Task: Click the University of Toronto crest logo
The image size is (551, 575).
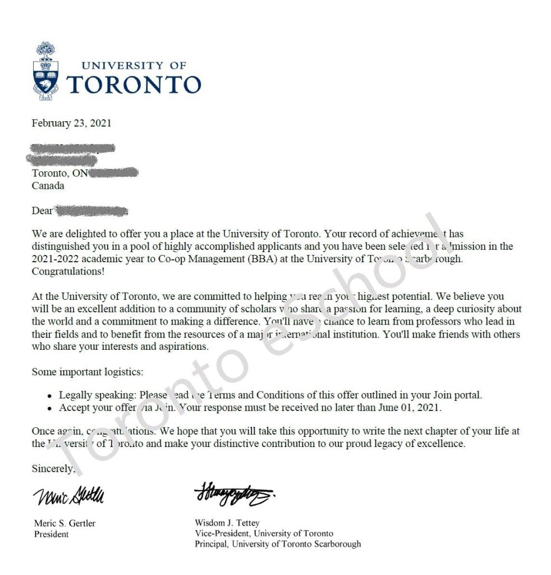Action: click(47, 70)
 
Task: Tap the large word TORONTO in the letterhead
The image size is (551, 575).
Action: click(134, 84)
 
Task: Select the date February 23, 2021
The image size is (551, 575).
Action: click(71, 124)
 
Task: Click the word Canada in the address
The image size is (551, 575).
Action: click(48, 185)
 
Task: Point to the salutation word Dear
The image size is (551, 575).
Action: click(42, 212)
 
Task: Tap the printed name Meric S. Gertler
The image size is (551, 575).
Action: click(65, 523)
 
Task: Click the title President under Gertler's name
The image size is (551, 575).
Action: click(52, 534)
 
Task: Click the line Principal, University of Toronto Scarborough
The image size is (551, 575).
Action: click(278, 544)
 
